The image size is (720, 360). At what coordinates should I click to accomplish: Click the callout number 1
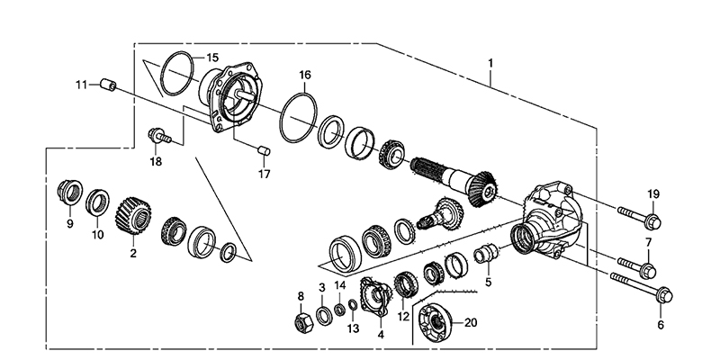[x=491, y=65]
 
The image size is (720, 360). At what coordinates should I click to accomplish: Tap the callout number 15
[x=211, y=58]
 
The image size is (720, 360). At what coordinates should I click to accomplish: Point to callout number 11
[x=81, y=85]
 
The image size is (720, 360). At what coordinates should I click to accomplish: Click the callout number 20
[x=470, y=321]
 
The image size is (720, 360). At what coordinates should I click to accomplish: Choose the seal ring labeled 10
[x=98, y=202]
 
